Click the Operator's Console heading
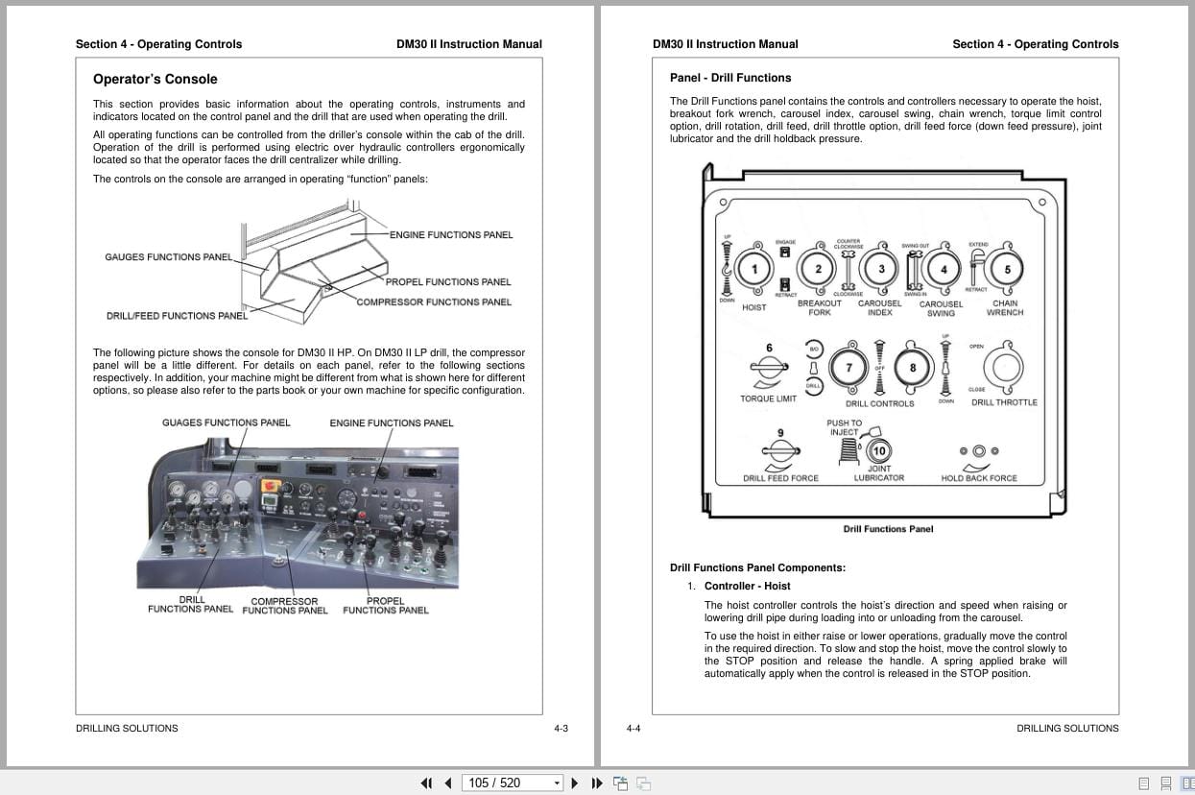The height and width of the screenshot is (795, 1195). tap(155, 80)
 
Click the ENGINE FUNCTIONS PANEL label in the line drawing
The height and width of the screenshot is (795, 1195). tap(450, 235)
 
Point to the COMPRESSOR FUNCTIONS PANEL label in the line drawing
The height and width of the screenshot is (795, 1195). tap(433, 302)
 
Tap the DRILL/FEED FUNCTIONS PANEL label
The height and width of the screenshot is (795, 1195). tap(177, 316)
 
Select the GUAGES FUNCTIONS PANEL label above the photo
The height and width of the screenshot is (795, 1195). tap(226, 423)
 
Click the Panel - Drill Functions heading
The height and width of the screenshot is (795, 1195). tap(729, 78)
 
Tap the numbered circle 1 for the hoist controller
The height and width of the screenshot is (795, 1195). tap(755, 270)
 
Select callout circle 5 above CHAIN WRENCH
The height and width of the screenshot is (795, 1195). tap(1007, 270)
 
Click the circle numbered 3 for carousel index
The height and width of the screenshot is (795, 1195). tap(881, 270)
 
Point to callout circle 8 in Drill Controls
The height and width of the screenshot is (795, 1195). tap(912, 368)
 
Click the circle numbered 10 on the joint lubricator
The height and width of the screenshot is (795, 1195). tap(879, 450)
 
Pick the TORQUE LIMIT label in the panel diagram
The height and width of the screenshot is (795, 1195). tap(768, 399)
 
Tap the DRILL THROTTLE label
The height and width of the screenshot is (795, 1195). tap(1004, 403)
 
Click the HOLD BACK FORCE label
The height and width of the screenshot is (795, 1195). tap(978, 478)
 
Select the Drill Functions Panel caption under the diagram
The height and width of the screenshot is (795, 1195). tap(888, 529)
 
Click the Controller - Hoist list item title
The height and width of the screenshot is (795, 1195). tap(747, 586)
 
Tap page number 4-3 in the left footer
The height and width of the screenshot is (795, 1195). tap(561, 729)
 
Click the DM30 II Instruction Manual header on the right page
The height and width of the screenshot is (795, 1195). tap(725, 44)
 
